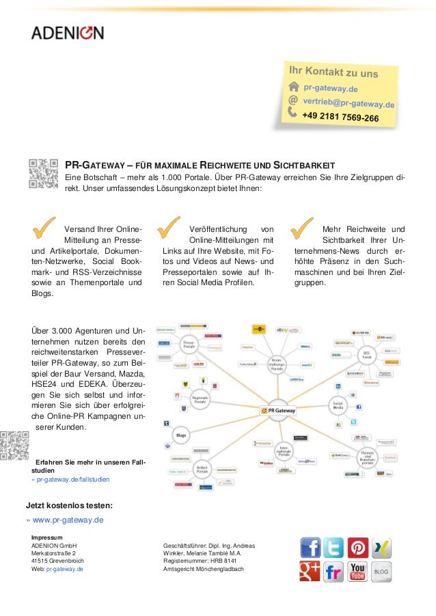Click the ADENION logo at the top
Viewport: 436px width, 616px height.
click(66, 32)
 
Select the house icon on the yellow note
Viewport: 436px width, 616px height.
click(294, 86)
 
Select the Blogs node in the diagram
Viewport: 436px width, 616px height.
click(181, 434)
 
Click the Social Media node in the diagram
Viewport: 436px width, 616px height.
click(337, 405)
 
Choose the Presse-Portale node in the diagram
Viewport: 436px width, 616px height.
click(190, 345)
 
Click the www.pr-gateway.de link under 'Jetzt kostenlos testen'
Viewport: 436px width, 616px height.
click(68, 520)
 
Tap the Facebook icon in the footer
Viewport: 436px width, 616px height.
click(310, 548)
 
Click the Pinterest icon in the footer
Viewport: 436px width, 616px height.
click(357, 548)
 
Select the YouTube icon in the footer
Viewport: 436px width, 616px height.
click(357, 572)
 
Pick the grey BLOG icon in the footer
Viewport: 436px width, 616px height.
click(381, 572)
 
